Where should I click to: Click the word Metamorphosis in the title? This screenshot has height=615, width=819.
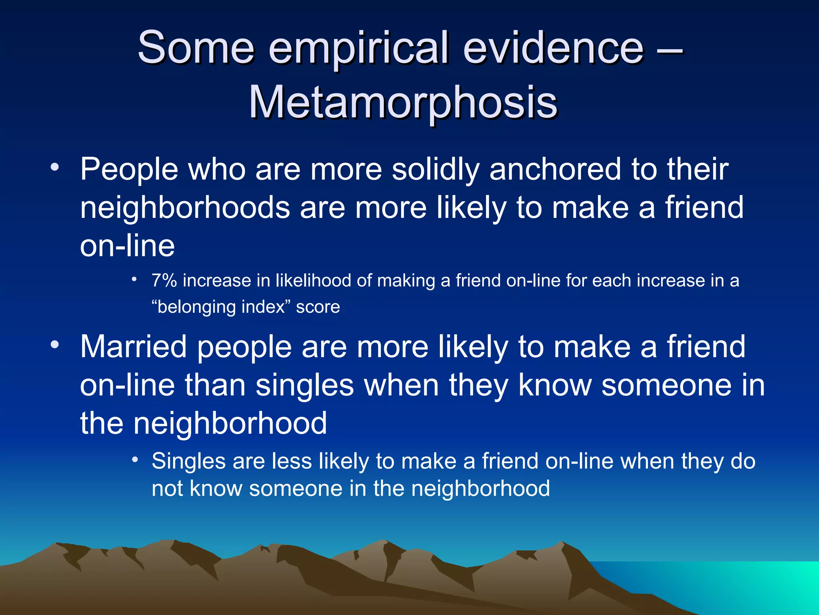[x=403, y=103]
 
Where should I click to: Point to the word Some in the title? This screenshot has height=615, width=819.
[x=196, y=48]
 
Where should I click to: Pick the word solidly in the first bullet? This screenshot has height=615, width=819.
[x=435, y=169]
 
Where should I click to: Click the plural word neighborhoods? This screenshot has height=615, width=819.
[x=185, y=208]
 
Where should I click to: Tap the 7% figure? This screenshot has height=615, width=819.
[x=164, y=281]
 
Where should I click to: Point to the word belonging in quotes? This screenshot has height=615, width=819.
[x=196, y=307]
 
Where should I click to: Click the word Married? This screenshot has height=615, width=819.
[x=134, y=347]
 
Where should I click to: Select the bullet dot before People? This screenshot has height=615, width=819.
[x=55, y=167]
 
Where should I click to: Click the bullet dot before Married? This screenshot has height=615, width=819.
[x=55, y=345]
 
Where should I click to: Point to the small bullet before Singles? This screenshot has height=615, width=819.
[x=135, y=460]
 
